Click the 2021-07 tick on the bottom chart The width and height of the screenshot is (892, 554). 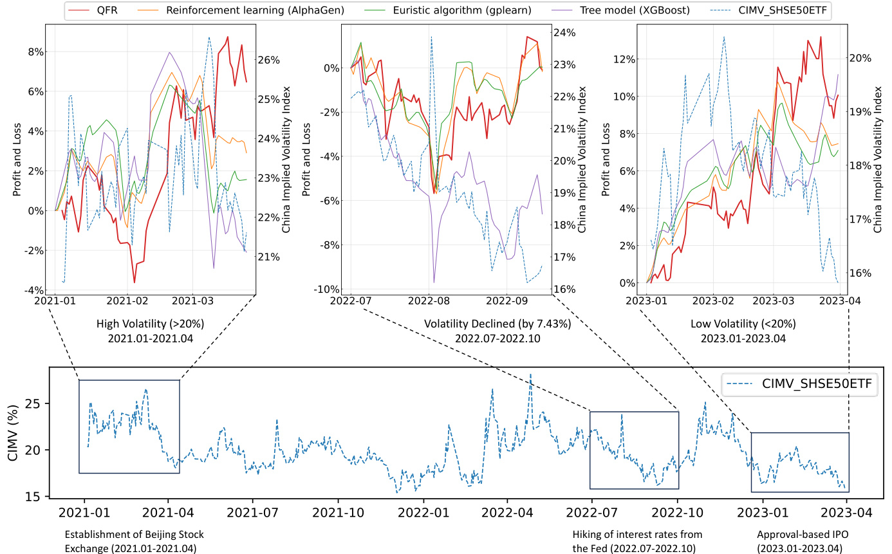click(252, 513)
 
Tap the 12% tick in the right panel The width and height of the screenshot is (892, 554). click(622, 59)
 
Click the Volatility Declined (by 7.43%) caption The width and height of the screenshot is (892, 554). click(497, 324)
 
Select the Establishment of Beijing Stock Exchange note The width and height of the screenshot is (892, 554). click(130, 541)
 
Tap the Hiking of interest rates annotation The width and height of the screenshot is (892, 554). click(637, 541)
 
